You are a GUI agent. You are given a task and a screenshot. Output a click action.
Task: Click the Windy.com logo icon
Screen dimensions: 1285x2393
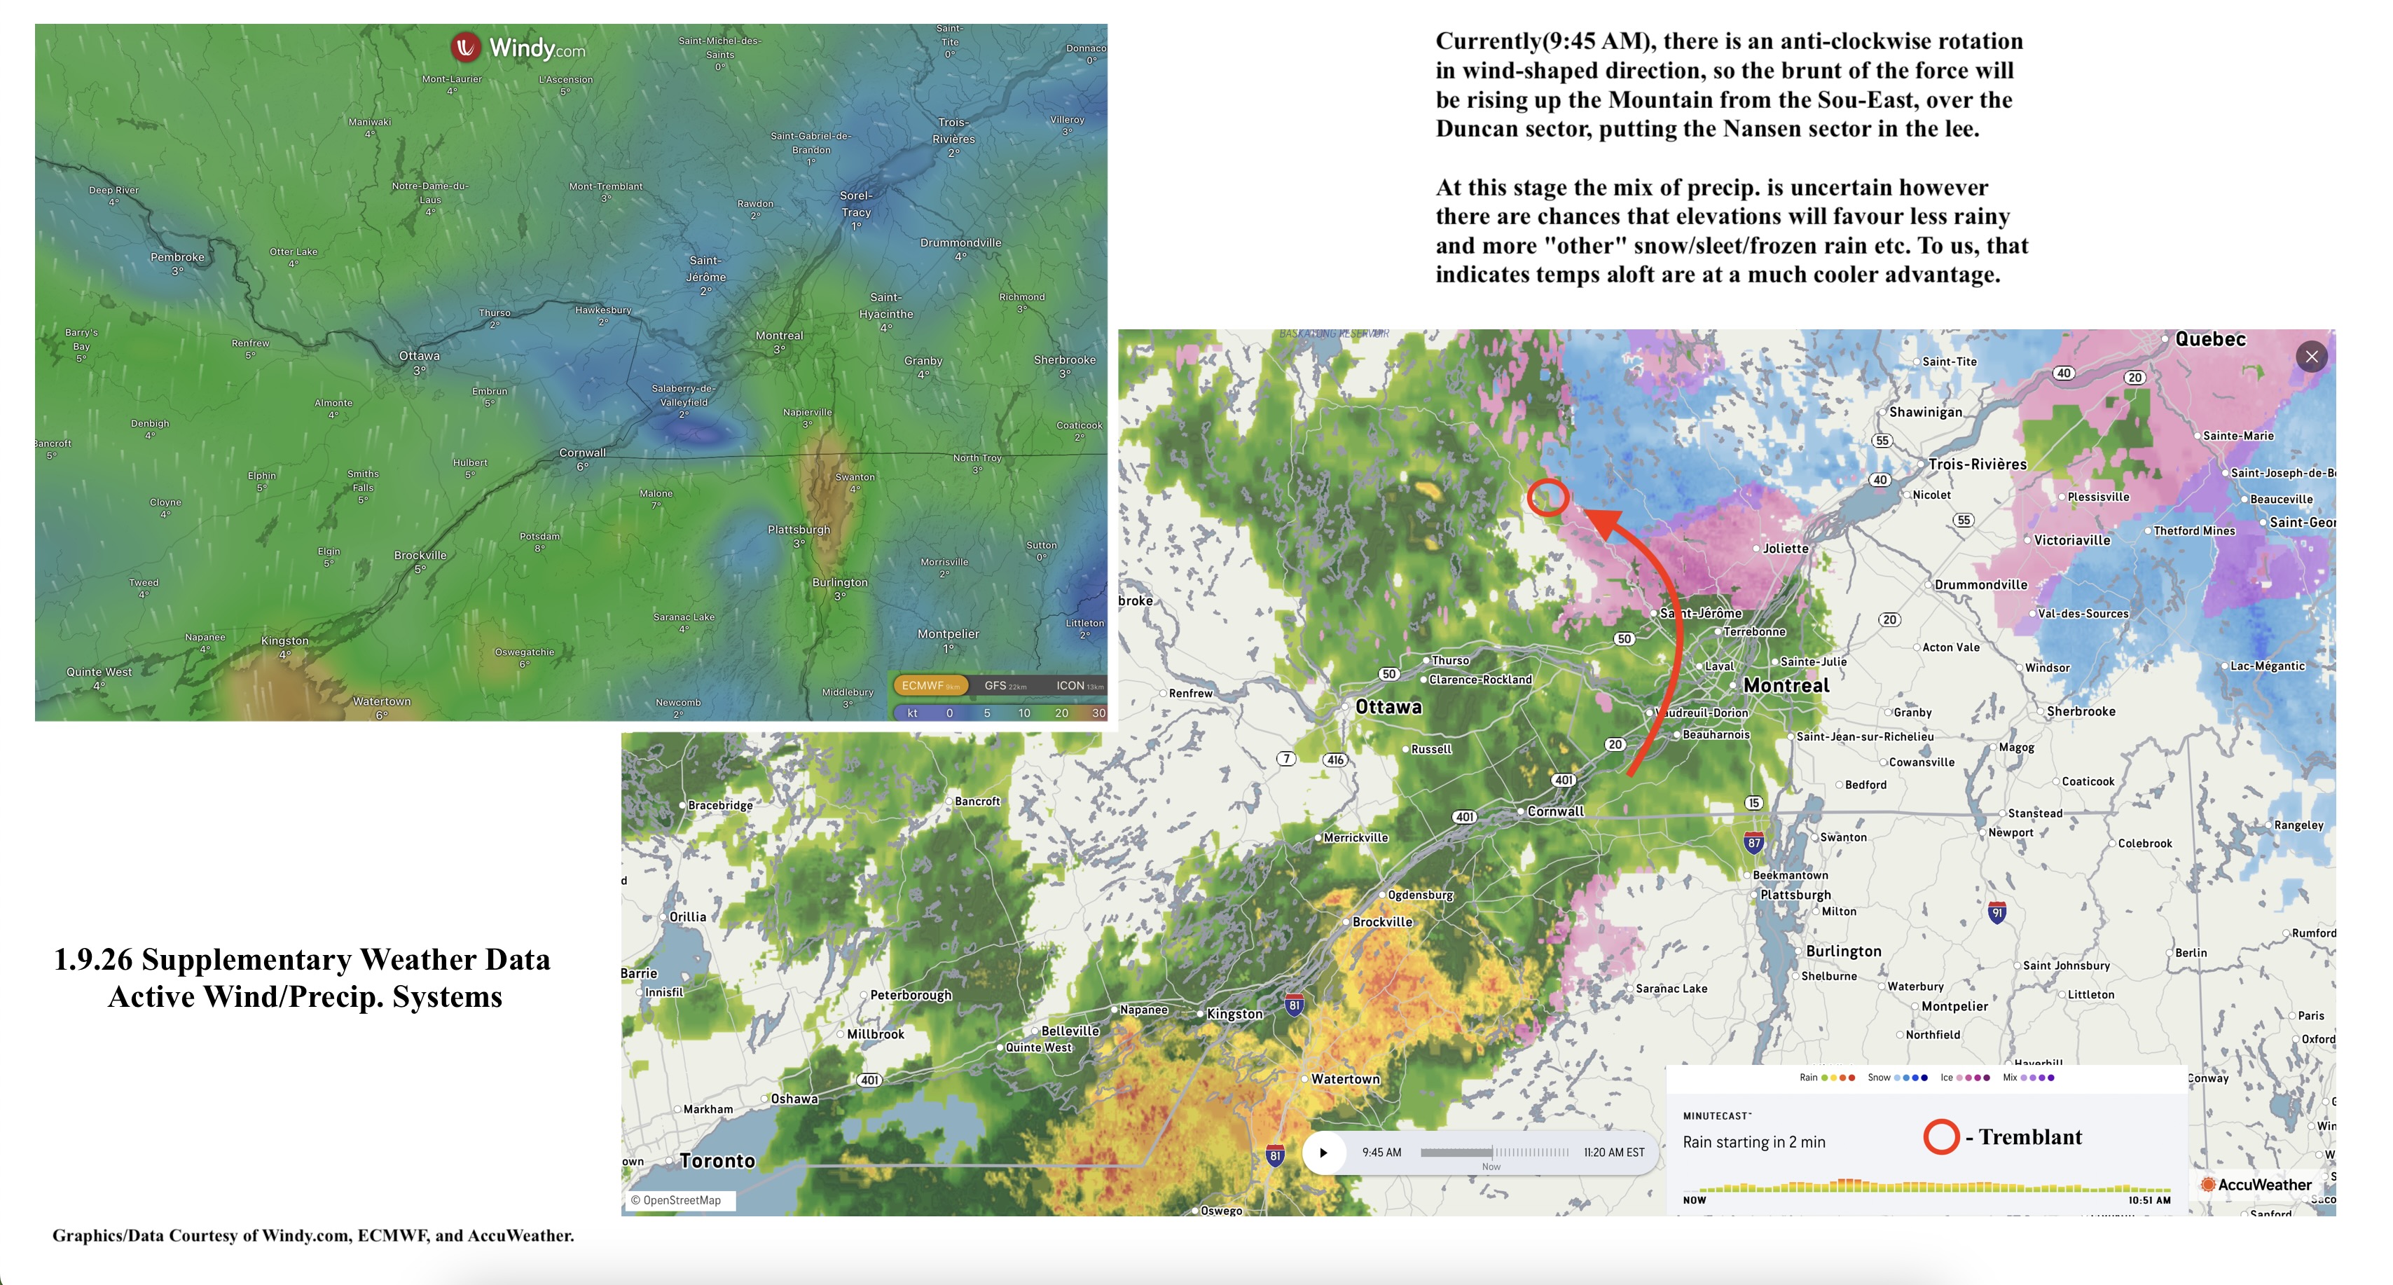465,46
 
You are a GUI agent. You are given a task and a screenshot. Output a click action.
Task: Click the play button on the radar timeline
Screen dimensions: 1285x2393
1323,1153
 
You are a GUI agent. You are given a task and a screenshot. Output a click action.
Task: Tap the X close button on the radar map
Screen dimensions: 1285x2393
2311,357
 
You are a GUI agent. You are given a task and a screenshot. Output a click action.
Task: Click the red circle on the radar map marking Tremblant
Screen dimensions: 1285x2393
1547,498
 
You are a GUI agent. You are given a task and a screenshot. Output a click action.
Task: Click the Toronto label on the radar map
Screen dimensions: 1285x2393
717,1160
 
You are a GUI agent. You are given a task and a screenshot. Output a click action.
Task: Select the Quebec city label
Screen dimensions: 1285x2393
2210,339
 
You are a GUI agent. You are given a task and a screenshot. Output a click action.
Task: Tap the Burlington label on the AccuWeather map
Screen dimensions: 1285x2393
1843,951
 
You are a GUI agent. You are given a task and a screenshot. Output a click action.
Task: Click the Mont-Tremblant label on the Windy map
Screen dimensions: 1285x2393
606,187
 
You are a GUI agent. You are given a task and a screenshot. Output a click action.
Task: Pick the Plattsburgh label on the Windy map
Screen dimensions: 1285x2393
799,530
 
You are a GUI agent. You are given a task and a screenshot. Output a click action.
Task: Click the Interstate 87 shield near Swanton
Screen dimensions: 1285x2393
1753,843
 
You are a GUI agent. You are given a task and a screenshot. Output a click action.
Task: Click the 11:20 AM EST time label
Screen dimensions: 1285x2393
1613,1152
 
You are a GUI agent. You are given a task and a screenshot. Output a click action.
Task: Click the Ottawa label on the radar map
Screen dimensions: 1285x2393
1388,707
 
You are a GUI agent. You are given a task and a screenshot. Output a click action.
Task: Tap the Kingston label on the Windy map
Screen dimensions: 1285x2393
284,641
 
